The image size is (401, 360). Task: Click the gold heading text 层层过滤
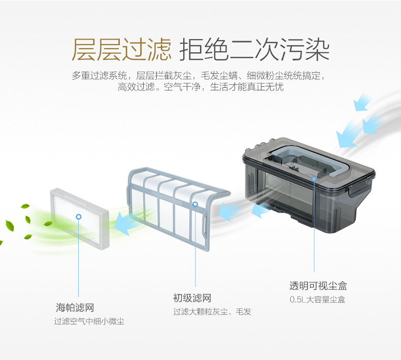coord(121,49)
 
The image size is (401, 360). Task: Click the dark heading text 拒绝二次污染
coord(254,49)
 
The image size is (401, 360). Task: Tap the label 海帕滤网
coord(75,307)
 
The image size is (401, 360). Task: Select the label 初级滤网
coord(192,298)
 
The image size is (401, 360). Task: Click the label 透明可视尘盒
coord(318,286)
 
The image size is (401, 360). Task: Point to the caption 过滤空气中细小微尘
coord(89,321)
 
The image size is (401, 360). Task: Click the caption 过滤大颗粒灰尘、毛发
coord(212,312)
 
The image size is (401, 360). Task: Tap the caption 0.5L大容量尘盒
coord(318,300)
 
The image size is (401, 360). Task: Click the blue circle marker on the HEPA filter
coord(79,217)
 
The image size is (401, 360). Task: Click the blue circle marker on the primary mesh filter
coord(195,204)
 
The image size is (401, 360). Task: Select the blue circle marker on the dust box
coord(314,179)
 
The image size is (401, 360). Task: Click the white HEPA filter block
coord(80,219)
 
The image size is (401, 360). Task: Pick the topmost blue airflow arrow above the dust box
coord(361,102)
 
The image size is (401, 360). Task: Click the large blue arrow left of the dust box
coord(229,211)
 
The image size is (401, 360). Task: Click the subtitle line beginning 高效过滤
coord(201,87)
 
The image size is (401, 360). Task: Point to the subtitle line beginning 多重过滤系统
coord(198,76)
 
